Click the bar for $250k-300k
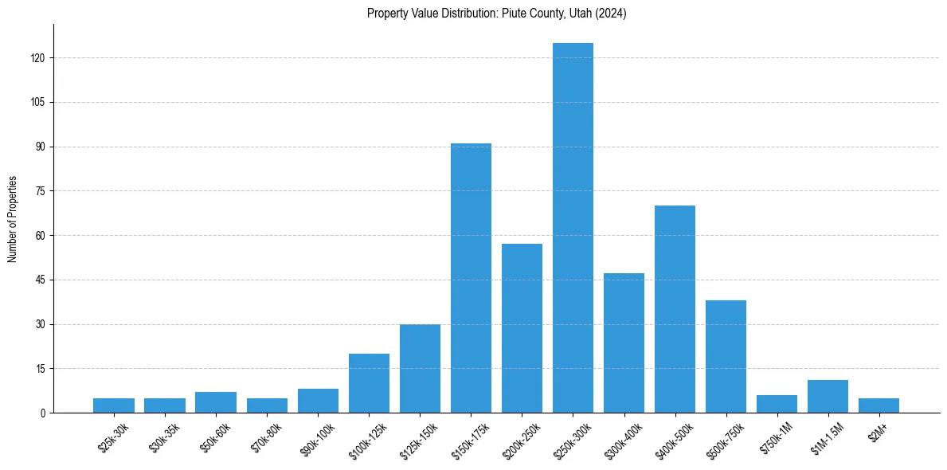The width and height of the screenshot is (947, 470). [573, 228]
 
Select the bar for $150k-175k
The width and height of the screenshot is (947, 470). [471, 278]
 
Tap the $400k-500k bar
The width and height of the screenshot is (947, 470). [675, 309]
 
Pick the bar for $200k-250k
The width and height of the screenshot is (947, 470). [522, 328]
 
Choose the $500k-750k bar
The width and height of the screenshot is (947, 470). [726, 356]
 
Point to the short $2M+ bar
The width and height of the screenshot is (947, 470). [879, 405]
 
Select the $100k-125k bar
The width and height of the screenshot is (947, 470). [369, 383]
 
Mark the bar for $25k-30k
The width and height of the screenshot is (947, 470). [114, 405]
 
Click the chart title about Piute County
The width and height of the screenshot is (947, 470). [496, 14]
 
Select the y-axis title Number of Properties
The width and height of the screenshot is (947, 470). [13, 218]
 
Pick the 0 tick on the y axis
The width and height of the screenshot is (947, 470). [44, 413]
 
